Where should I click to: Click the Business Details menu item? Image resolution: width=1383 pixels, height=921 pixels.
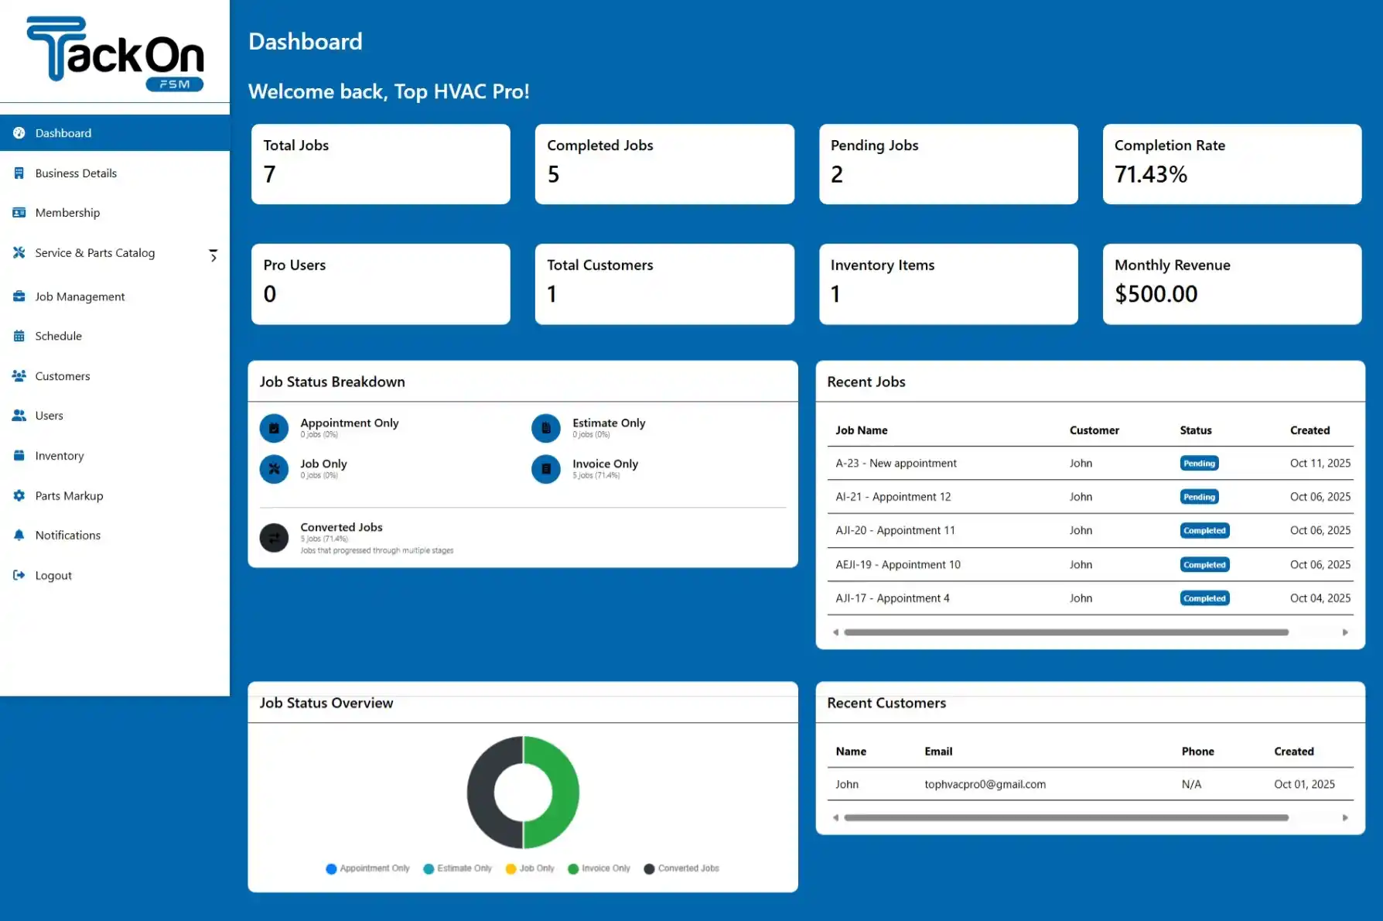pos(75,173)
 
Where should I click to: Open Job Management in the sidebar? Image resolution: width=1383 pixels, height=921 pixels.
pos(79,296)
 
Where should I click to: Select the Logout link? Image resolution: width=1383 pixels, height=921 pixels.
pos(53,575)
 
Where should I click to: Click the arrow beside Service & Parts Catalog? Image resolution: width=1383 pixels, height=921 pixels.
pos(213,255)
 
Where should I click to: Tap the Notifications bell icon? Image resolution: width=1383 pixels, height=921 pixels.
pos(19,535)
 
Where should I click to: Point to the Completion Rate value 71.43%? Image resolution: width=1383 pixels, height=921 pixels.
pos(1150,175)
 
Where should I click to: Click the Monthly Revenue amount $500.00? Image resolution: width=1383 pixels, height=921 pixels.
pos(1156,294)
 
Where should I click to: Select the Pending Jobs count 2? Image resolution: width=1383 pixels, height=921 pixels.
pos(836,175)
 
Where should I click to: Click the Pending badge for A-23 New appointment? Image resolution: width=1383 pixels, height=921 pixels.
pos(1199,464)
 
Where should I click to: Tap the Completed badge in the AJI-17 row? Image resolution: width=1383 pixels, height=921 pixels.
pos(1204,598)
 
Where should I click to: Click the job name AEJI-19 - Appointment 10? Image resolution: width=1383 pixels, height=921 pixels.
pos(897,565)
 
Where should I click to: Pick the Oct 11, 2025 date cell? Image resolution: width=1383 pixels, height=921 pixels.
pos(1320,464)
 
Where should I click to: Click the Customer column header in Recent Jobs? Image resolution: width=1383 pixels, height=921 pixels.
pos(1094,430)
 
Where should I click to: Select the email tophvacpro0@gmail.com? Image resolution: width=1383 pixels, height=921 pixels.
pos(985,784)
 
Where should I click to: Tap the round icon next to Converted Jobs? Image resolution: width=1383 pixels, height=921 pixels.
pos(274,537)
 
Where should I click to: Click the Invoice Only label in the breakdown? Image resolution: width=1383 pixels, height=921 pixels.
pos(605,464)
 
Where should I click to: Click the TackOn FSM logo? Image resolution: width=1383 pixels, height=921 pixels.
pos(114,53)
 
